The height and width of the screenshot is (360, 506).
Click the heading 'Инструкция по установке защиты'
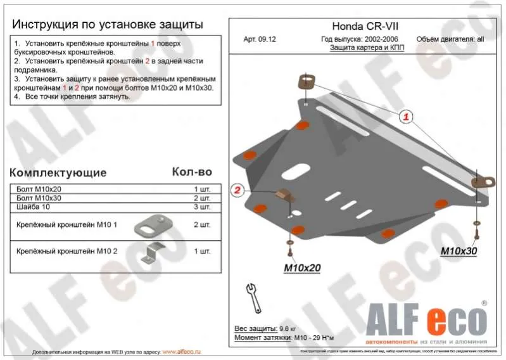[108, 25]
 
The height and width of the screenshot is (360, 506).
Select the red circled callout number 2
[237, 190]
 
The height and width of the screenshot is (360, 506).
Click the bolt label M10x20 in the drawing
[301, 267]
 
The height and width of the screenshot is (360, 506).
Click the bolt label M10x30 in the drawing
[459, 251]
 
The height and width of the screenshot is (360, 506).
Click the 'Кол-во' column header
[192, 172]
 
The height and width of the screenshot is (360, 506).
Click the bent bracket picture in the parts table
[151, 251]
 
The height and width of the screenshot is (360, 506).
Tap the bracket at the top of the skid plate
[307, 84]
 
